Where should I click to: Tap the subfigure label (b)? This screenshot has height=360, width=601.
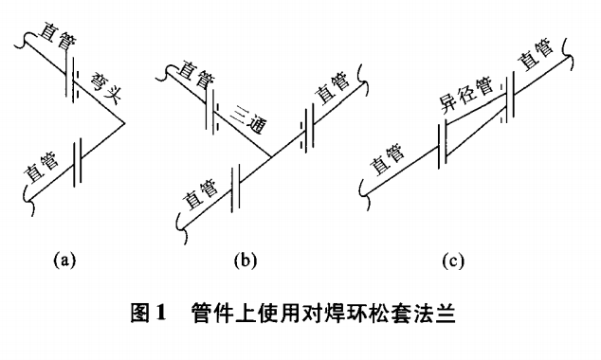pos(242,258)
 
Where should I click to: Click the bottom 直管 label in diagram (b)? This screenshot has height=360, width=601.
pos(202,198)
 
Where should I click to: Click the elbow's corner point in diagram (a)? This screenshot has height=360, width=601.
pos(124,121)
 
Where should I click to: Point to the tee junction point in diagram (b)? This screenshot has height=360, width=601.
pos(272,154)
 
